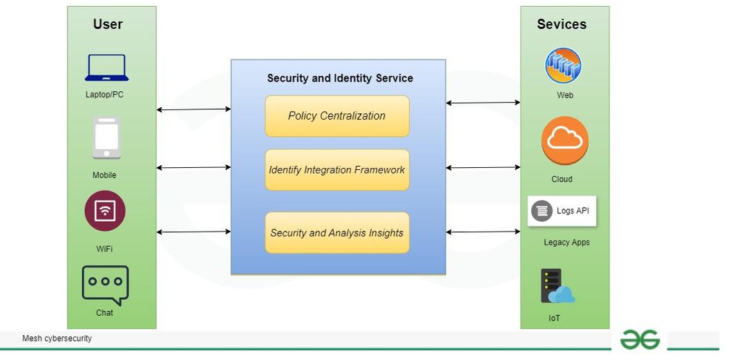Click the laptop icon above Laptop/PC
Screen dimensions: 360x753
(106, 68)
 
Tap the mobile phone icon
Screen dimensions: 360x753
(106, 138)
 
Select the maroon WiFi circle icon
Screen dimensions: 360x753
(105, 211)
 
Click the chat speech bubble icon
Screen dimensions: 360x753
(105, 285)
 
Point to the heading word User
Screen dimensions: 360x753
(108, 24)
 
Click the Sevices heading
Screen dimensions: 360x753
(562, 24)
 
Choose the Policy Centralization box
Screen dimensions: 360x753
(337, 116)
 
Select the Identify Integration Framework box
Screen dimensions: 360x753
(337, 170)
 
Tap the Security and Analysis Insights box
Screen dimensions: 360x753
(337, 233)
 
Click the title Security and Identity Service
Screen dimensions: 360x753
(340, 78)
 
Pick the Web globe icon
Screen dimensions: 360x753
(563, 66)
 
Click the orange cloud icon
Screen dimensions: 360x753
(565, 141)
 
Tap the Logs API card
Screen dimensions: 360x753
(562, 211)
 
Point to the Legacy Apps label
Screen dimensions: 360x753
(566, 243)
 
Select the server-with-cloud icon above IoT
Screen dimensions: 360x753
(557, 286)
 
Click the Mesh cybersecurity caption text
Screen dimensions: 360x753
(57, 339)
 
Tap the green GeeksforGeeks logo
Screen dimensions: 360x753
(640, 339)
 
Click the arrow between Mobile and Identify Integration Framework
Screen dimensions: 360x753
(193, 167)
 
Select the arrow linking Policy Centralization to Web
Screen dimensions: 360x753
(483, 103)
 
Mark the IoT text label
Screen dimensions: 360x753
(554, 319)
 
